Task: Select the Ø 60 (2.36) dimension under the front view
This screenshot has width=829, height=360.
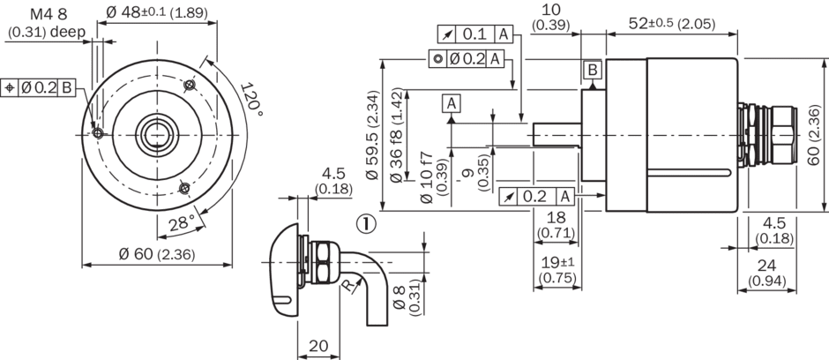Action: (158, 254)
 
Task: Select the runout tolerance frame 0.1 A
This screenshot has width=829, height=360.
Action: (475, 34)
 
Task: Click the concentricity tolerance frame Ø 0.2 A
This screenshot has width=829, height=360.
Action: (467, 58)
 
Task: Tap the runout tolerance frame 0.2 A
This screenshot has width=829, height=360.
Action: (537, 196)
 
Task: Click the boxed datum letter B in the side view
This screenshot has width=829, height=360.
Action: (593, 69)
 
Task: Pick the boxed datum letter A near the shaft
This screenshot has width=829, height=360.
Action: (452, 104)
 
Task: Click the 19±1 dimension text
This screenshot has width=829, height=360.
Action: (557, 262)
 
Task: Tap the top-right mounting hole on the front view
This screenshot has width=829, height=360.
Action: (190, 85)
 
